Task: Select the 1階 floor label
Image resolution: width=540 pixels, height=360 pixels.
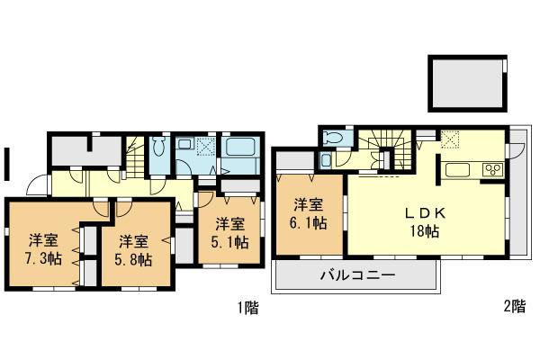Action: pos(247,308)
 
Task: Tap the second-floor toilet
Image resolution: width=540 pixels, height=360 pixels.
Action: pos(333,138)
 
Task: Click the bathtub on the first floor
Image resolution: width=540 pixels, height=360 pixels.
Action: pos(240,150)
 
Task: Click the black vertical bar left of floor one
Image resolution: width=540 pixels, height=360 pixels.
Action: pos(7,165)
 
